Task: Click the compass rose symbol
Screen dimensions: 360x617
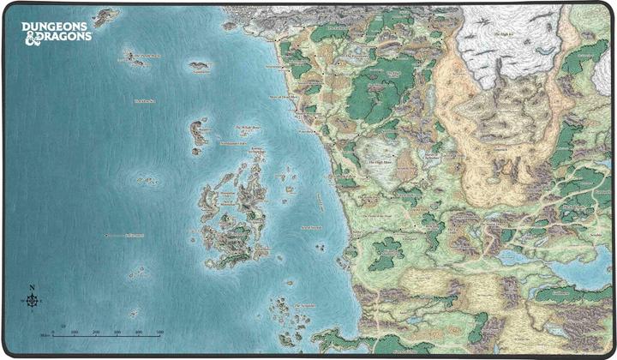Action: tap(32, 300)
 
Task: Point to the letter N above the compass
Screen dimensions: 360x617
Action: tap(32, 286)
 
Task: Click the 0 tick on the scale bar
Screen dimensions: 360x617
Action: tap(53, 333)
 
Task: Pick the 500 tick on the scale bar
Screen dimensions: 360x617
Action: tap(160, 333)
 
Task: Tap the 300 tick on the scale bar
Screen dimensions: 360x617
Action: tap(117, 333)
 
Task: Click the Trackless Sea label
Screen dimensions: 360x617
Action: tap(143, 101)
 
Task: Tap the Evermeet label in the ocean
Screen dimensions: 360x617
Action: tap(136, 234)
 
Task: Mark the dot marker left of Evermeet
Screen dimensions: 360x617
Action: tap(105, 234)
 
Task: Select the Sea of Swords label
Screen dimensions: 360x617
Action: tap(310, 226)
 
